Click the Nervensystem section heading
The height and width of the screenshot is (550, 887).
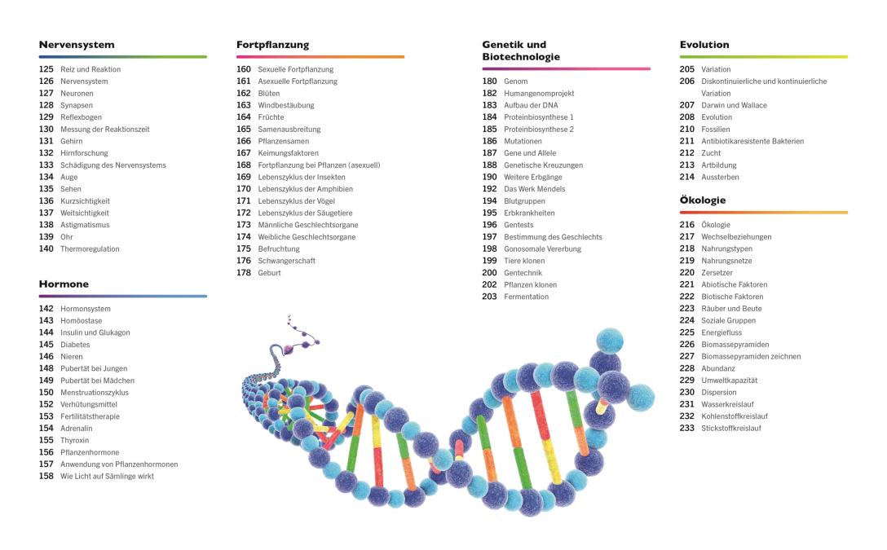77,45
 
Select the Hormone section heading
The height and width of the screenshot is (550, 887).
64,284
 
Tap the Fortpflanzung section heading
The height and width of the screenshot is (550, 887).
273,45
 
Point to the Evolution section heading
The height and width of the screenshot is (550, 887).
704,45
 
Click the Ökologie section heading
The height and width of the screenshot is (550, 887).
703,200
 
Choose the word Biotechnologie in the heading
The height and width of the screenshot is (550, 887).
521,57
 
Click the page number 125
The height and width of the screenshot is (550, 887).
46,69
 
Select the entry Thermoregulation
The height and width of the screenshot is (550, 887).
90,249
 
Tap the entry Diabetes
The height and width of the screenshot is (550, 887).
75,345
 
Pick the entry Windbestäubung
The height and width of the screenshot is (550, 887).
286,105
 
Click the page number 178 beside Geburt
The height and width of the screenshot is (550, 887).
244,273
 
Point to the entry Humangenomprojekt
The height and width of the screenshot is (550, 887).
538,94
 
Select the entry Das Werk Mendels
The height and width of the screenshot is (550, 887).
535,189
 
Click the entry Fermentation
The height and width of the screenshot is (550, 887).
527,297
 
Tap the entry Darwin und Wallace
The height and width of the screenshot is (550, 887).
735,105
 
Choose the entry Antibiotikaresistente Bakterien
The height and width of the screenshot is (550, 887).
752,141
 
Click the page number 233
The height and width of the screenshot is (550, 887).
687,429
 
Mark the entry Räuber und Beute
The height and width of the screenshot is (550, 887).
732,309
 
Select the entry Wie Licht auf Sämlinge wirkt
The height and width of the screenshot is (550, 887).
107,477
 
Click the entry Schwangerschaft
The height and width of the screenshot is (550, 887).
287,261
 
